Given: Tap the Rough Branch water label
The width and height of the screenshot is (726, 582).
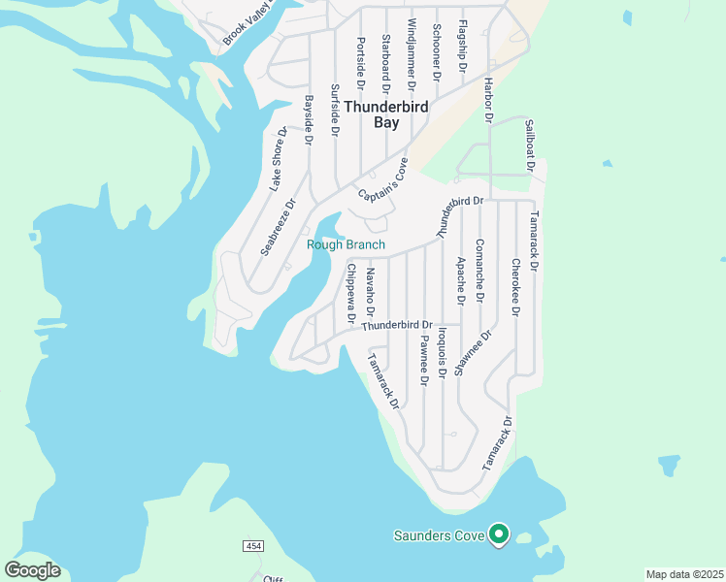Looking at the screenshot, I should click(346, 245).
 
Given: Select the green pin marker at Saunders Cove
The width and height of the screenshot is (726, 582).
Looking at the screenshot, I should click(499, 534).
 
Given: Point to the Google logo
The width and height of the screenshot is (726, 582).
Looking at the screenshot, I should click(32, 570).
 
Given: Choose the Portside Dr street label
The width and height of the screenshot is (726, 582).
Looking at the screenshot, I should click(360, 61).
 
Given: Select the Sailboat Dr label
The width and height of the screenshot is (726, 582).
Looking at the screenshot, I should click(530, 145).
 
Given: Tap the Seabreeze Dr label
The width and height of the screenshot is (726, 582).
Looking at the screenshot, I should click(276, 224).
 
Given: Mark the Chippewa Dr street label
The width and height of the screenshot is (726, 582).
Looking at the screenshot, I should click(350, 294).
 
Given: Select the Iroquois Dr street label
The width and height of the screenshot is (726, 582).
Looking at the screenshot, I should click(442, 353).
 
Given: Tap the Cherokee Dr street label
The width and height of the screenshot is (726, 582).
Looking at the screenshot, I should click(515, 287).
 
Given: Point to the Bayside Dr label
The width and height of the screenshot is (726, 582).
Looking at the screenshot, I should click(309, 119).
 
